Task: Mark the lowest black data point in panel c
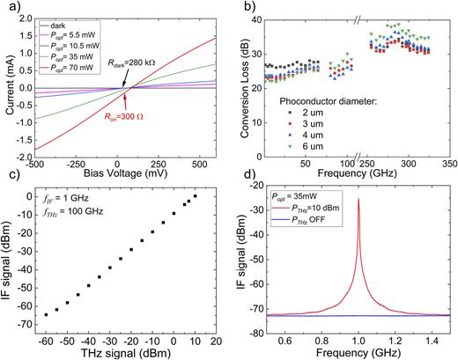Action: click(46, 314)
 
